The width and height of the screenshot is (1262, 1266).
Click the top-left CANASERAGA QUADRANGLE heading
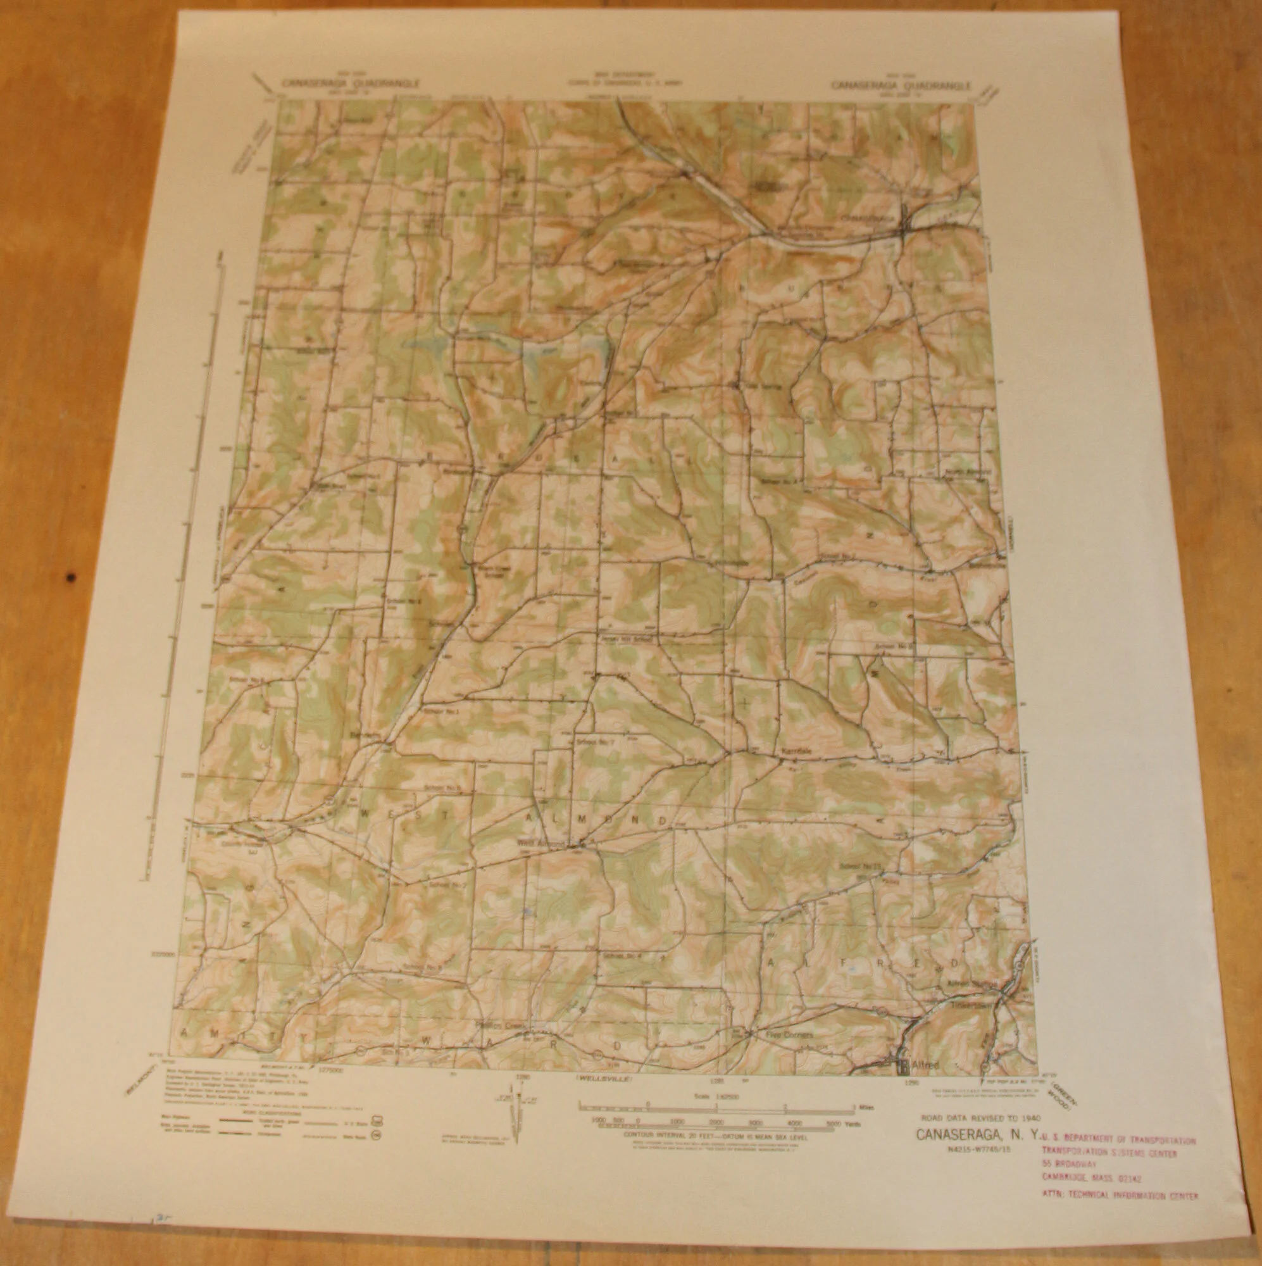point(351,83)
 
